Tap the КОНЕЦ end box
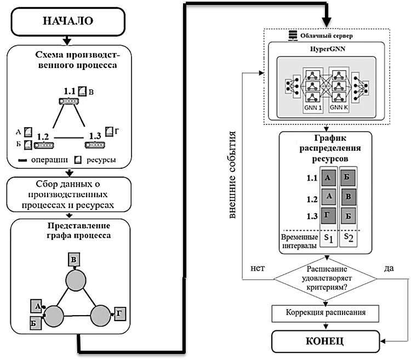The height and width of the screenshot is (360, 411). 326,341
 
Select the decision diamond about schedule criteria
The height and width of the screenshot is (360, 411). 326,278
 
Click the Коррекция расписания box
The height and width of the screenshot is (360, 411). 326,313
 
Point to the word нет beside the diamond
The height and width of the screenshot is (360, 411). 257,268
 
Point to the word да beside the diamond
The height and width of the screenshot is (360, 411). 390,268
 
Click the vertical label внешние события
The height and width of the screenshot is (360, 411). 232,175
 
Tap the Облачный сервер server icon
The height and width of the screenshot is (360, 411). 292,36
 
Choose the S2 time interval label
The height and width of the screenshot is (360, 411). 349,239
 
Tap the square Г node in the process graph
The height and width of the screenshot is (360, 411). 119,313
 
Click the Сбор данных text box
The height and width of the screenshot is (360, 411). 68,195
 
